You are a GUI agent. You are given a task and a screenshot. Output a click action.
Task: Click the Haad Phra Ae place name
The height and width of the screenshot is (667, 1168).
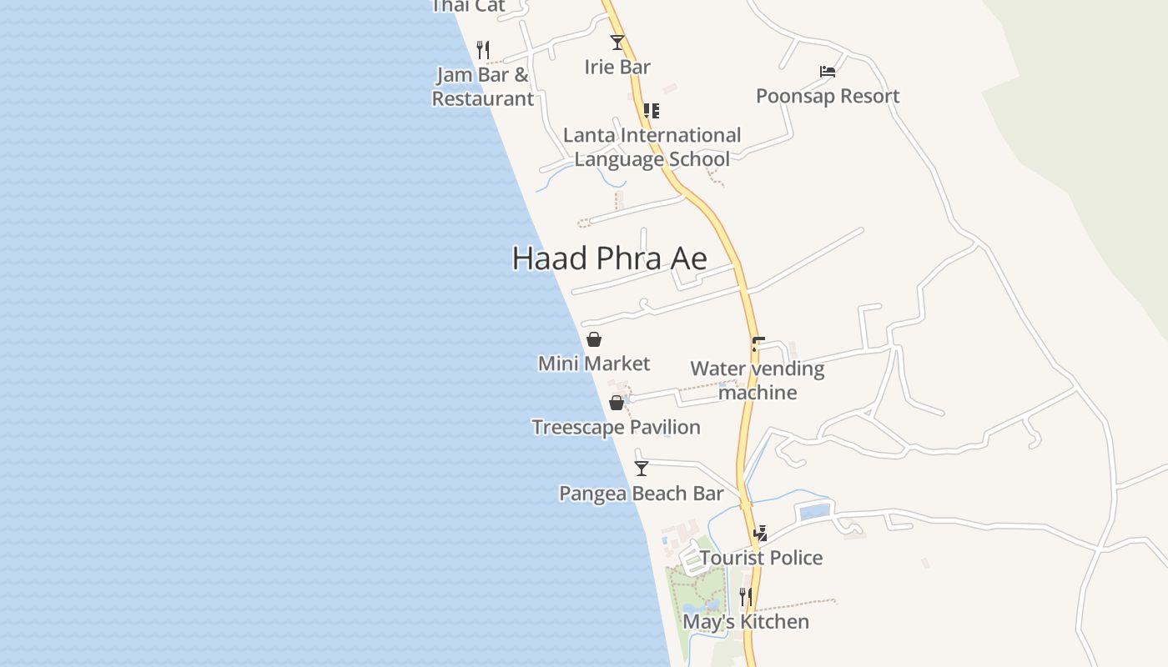pos(609,258)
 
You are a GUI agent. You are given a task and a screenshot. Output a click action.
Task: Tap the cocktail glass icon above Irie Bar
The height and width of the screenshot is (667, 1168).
pos(617,42)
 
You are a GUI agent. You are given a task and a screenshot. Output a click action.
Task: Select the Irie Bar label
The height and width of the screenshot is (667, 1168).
pos(617,68)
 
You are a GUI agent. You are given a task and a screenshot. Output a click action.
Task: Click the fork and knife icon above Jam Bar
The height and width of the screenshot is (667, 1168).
pos(482,49)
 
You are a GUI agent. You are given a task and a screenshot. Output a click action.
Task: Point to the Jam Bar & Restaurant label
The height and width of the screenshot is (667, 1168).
pos(483,87)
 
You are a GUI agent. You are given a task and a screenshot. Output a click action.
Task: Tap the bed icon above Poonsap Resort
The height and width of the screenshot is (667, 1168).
pos(828,72)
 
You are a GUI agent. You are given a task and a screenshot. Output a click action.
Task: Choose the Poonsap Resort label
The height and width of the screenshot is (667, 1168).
pos(828,96)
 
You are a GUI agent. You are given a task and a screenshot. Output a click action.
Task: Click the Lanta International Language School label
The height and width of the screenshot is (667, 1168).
pos(652,147)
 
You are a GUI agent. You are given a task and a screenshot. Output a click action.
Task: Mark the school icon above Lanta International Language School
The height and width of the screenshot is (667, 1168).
pos(652,110)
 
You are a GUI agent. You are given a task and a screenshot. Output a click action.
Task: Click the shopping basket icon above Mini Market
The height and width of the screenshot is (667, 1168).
pos(594,339)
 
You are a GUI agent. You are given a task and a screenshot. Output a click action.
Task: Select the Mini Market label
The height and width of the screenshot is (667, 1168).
pos(594,364)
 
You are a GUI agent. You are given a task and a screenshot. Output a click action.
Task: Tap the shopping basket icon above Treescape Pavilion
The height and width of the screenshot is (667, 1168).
pos(617,403)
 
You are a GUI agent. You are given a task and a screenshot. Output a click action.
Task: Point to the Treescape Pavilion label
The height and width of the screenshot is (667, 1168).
pos(617,428)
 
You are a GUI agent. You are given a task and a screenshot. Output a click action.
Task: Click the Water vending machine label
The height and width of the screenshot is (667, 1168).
pos(758,380)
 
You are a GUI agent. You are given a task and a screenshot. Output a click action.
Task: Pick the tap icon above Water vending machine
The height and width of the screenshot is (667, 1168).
pos(758,344)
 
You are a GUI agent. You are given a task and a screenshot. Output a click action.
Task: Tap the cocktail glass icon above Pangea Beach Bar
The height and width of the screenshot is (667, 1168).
pos(642,469)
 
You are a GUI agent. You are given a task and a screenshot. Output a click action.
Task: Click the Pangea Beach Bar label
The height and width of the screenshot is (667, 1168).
pos(642,494)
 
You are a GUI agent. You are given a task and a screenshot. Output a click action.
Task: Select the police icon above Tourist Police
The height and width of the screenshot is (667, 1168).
pos(761,534)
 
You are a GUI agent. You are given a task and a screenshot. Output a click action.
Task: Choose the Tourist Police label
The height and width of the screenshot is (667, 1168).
pos(761,558)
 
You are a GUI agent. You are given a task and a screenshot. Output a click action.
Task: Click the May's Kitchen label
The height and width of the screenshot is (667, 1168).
pos(746,622)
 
